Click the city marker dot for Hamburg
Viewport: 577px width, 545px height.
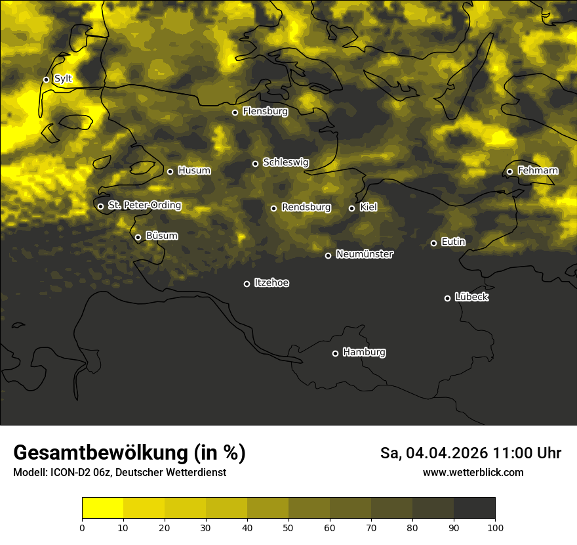click(x=335, y=353)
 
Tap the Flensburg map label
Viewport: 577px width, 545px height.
click(x=265, y=112)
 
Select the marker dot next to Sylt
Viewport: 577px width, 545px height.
click(x=46, y=79)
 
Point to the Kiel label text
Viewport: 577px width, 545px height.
click(x=368, y=207)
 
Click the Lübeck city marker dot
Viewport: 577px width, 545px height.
click(x=447, y=298)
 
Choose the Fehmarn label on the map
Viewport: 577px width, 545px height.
click(x=538, y=171)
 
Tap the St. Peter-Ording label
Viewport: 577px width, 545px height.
click(x=144, y=206)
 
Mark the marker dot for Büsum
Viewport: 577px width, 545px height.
click(x=138, y=238)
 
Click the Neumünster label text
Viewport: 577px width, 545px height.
click(x=365, y=254)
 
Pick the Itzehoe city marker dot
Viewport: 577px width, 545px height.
click(x=247, y=284)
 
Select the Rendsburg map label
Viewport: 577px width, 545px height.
click(x=306, y=207)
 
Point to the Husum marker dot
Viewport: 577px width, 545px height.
click(x=170, y=171)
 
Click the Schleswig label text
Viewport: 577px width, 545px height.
click(x=285, y=162)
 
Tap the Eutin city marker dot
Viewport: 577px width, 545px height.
click(x=433, y=243)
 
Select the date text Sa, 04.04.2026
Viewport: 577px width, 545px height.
click(x=433, y=453)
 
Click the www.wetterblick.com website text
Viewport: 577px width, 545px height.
click(x=473, y=472)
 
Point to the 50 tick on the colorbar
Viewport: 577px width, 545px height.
click(x=288, y=527)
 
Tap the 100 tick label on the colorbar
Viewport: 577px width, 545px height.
click(x=495, y=527)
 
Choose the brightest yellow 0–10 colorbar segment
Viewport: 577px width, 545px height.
click(x=103, y=508)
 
